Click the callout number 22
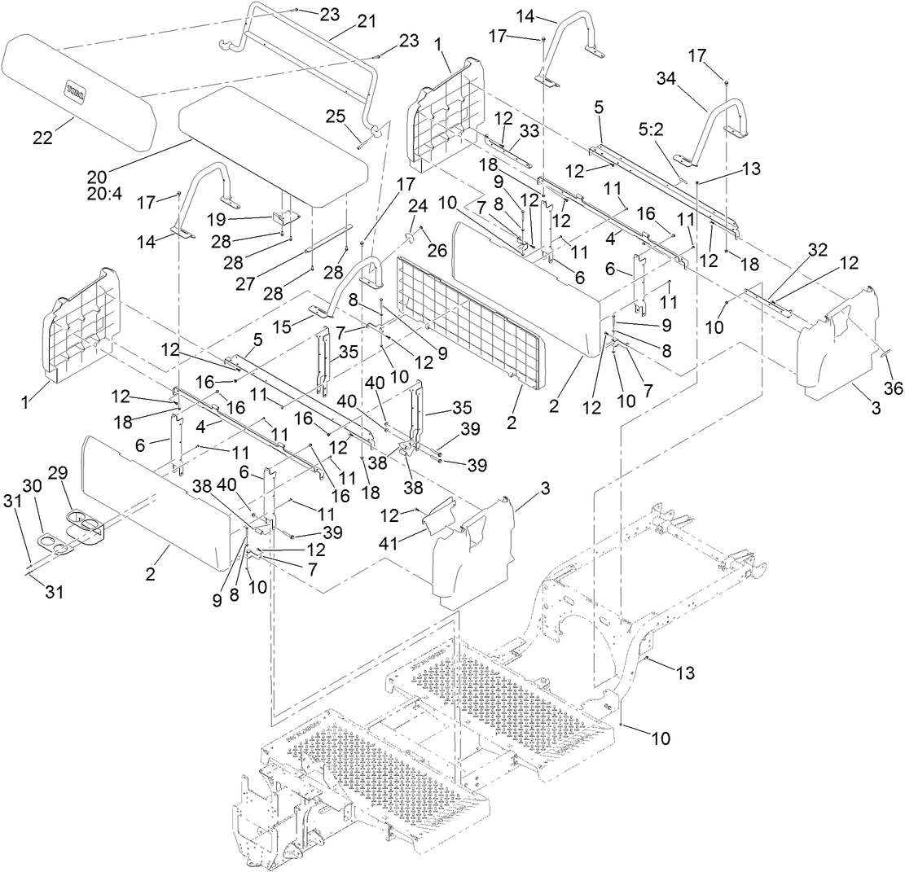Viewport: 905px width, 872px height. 42,138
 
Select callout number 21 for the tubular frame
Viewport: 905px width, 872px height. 367,24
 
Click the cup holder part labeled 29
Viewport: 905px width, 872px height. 85,525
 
